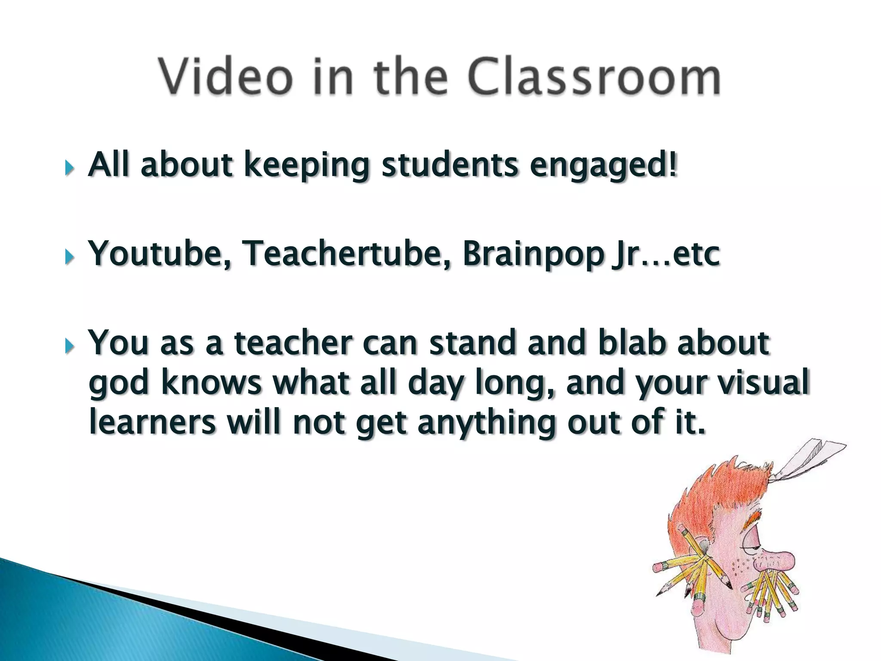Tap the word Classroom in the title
tap(594, 77)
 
